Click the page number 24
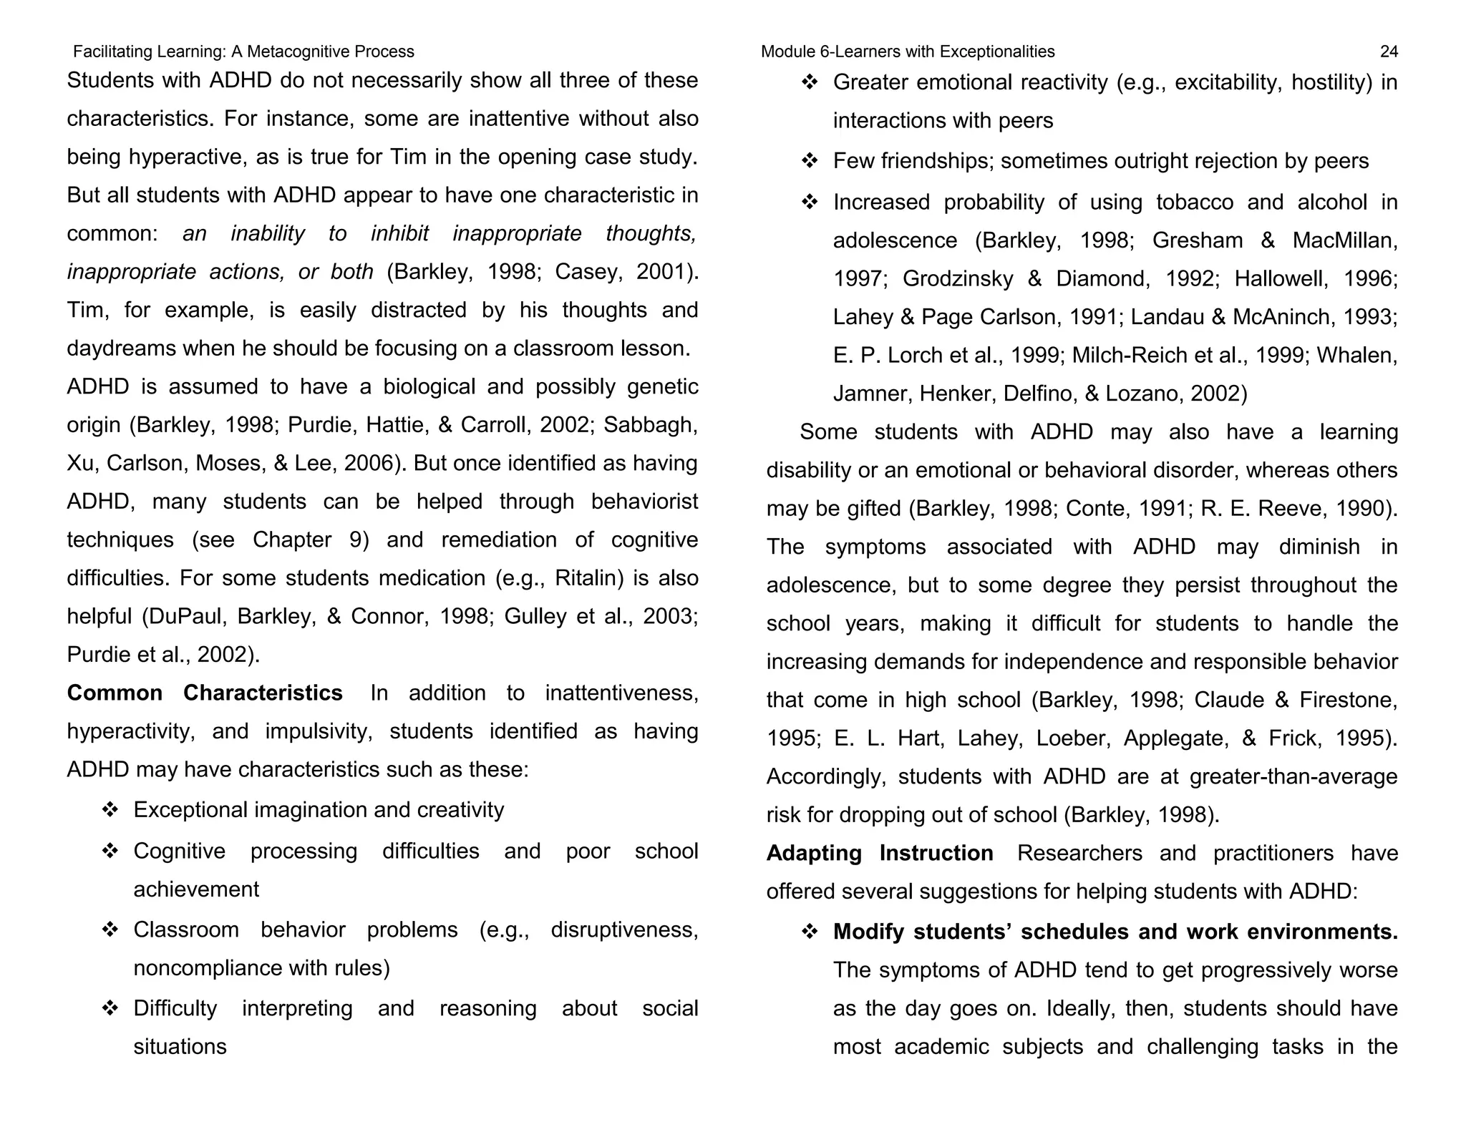point(1388,52)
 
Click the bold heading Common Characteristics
point(205,693)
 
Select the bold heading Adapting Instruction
point(879,853)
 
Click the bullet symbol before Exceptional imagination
point(110,810)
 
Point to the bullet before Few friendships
point(810,161)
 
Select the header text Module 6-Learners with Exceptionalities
point(907,52)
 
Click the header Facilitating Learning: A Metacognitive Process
point(243,52)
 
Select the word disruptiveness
point(623,929)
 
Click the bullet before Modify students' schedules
point(810,932)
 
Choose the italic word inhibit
point(399,233)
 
